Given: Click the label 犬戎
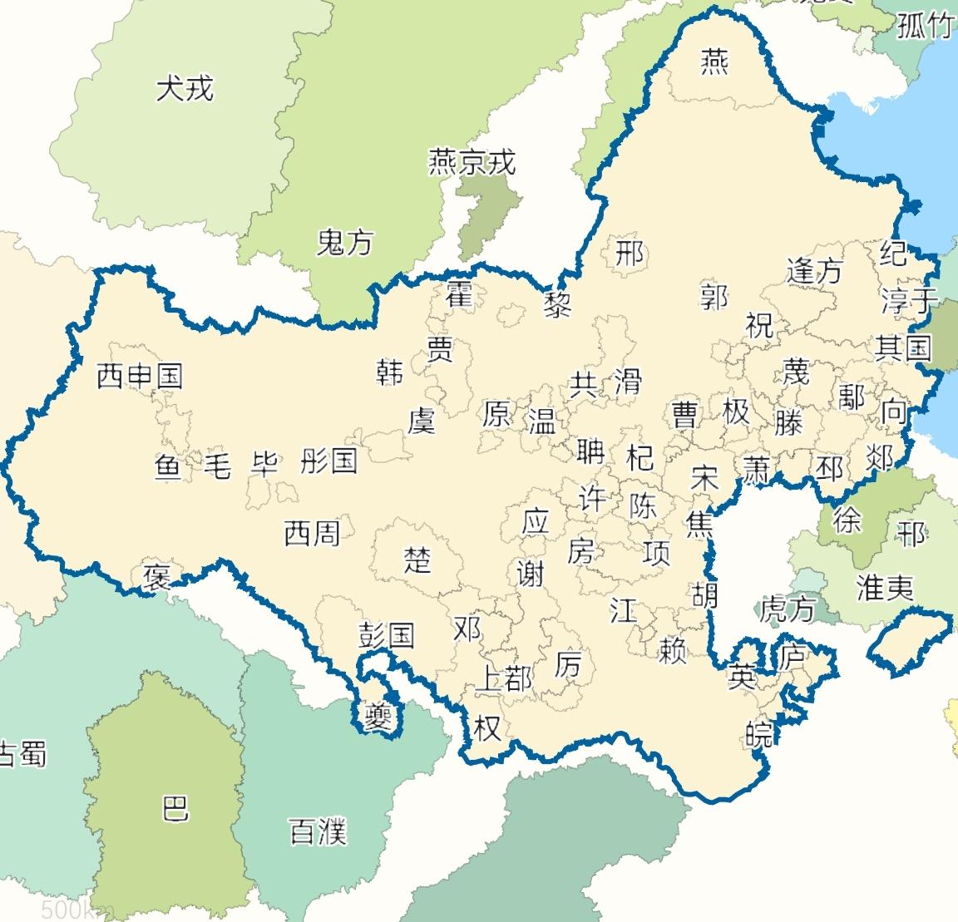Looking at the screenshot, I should [185, 88].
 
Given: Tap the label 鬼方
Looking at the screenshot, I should [345, 243].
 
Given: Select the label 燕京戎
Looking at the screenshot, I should [472, 161].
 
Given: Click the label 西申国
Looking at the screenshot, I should [139, 377].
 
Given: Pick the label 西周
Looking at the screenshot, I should [312, 533].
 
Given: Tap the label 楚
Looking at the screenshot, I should [417, 560].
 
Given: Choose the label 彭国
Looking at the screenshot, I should [386, 635].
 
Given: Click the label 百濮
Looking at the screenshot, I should [317, 831].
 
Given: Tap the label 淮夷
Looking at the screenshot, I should [885, 589].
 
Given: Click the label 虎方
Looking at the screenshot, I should [787, 609].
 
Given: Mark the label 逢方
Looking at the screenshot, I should [814, 270].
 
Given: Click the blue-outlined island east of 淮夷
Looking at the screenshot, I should [909, 637].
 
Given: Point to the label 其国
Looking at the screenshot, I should [902, 347].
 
